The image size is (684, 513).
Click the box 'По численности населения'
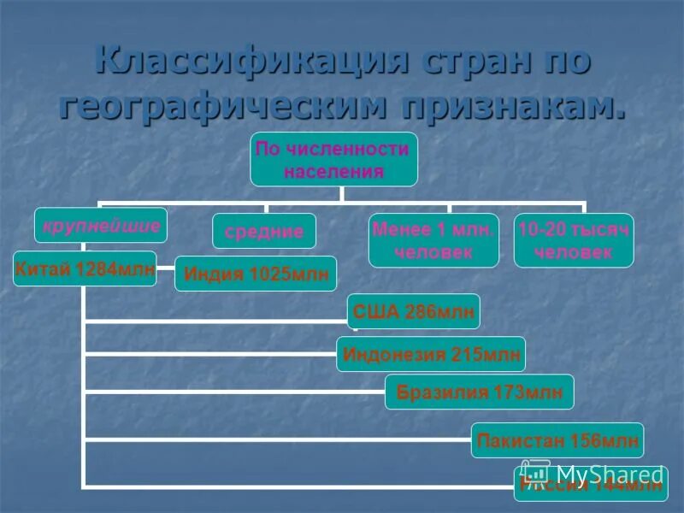tap(333, 159)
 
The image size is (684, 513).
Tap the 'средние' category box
tap(264, 231)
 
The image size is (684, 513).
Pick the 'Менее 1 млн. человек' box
tap(433, 240)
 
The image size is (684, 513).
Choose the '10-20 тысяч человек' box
tap(574, 240)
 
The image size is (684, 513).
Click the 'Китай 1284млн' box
tap(85, 268)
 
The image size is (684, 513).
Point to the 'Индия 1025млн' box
tap(256, 274)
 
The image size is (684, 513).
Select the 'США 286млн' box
tap(413, 311)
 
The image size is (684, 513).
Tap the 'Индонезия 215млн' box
tap(430, 354)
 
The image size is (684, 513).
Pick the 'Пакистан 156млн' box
tap(557, 440)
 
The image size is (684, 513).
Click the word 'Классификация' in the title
tap(249, 64)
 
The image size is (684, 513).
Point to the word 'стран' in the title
tap(466, 64)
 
